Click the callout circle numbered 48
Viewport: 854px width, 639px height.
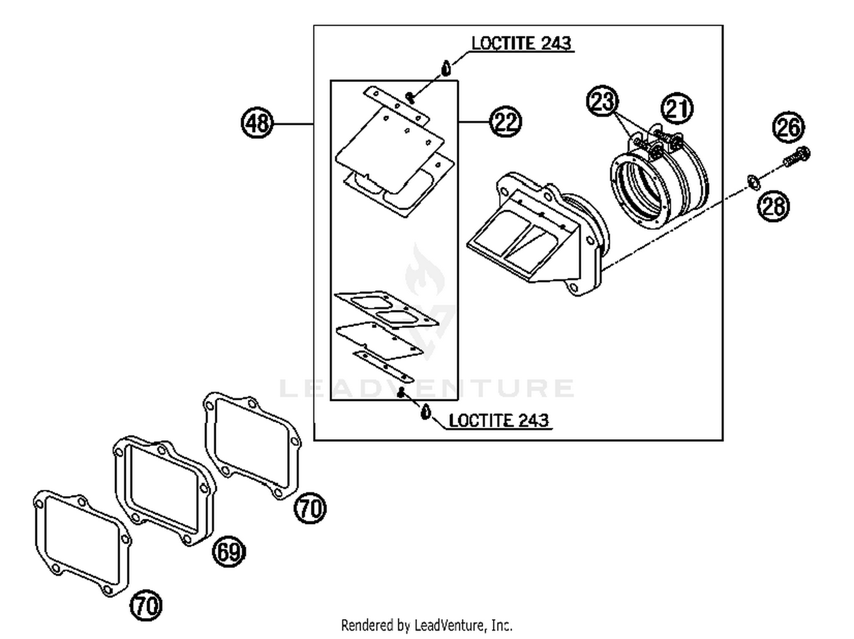(x=257, y=122)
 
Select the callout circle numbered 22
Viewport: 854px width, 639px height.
(x=506, y=122)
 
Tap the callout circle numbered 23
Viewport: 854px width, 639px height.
(x=602, y=101)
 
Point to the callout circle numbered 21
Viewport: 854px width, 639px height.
(x=677, y=108)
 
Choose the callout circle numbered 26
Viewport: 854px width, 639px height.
(x=789, y=127)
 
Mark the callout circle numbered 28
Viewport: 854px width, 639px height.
(x=773, y=206)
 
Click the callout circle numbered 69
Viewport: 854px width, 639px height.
(x=229, y=551)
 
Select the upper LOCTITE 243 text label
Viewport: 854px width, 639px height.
(x=521, y=43)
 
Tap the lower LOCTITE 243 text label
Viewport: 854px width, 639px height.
(x=499, y=420)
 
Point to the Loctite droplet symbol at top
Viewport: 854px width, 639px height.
(x=446, y=68)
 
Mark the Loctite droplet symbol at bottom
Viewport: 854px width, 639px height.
(x=425, y=411)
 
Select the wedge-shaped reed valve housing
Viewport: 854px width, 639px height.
(x=535, y=234)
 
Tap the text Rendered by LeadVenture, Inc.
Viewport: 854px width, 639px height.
(x=426, y=625)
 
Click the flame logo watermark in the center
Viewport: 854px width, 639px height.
(x=425, y=272)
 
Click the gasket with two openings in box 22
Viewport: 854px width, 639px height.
(x=386, y=308)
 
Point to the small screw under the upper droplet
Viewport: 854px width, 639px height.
(x=410, y=97)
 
